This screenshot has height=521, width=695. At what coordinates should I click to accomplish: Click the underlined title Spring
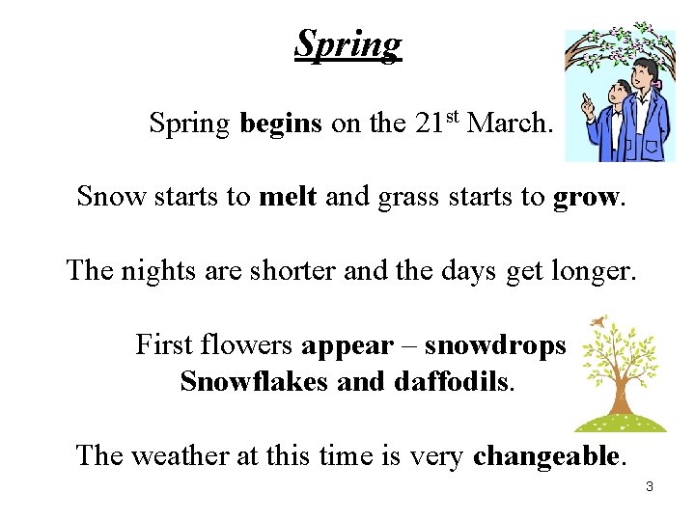[x=347, y=44]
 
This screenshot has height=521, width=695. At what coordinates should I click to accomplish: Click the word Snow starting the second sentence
[x=108, y=197]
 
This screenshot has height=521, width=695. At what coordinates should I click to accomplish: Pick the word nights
[x=157, y=272]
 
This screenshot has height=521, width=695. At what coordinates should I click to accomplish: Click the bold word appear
[x=347, y=345]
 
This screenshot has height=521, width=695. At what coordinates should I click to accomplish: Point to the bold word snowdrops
[x=495, y=345]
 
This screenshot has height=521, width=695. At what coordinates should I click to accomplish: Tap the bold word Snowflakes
[x=254, y=382]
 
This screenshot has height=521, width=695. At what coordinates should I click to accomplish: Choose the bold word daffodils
[x=452, y=382]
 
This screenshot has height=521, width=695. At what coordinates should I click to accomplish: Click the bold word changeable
[x=547, y=455]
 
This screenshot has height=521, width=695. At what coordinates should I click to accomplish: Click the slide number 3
[x=650, y=487]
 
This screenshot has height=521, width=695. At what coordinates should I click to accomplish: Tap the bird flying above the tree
[x=600, y=322]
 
